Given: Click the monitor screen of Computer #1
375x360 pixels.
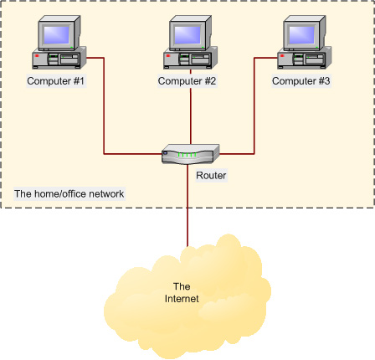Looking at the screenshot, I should point(57,34).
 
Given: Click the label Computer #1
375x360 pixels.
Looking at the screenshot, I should point(56,81).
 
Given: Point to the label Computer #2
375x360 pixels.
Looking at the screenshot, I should point(187,81).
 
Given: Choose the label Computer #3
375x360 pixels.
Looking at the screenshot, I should point(301,81).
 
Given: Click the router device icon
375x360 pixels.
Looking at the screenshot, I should point(191,154).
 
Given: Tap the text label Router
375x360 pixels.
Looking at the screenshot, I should point(211,176).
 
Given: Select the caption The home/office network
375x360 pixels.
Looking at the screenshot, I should point(69,194).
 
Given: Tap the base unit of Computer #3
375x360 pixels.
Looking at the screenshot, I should point(305,60).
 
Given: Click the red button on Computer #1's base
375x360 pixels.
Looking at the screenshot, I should point(37,57).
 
